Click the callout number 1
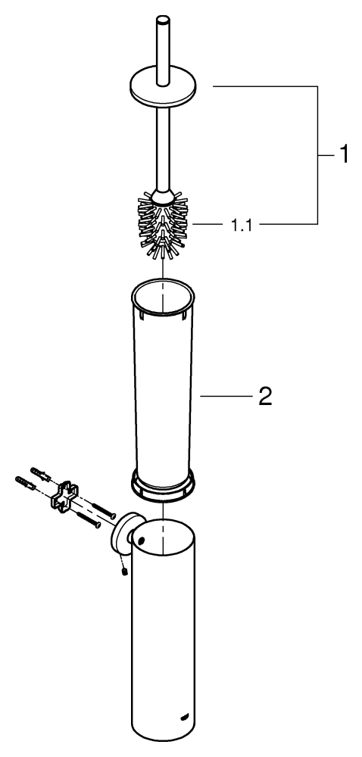click(x=343, y=155)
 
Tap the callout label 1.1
click(x=241, y=225)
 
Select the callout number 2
click(x=265, y=397)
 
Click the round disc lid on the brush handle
click(x=163, y=89)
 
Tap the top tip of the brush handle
click(x=163, y=20)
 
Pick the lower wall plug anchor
click(x=25, y=482)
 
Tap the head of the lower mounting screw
click(x=98, y=525)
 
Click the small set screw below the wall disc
click(x=124, y=572)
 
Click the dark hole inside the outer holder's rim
click(x=141, y=537)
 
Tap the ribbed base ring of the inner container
click(x=163, y=484)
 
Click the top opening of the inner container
click(x=163, y=296)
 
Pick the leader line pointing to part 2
click(x=226, y=397)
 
